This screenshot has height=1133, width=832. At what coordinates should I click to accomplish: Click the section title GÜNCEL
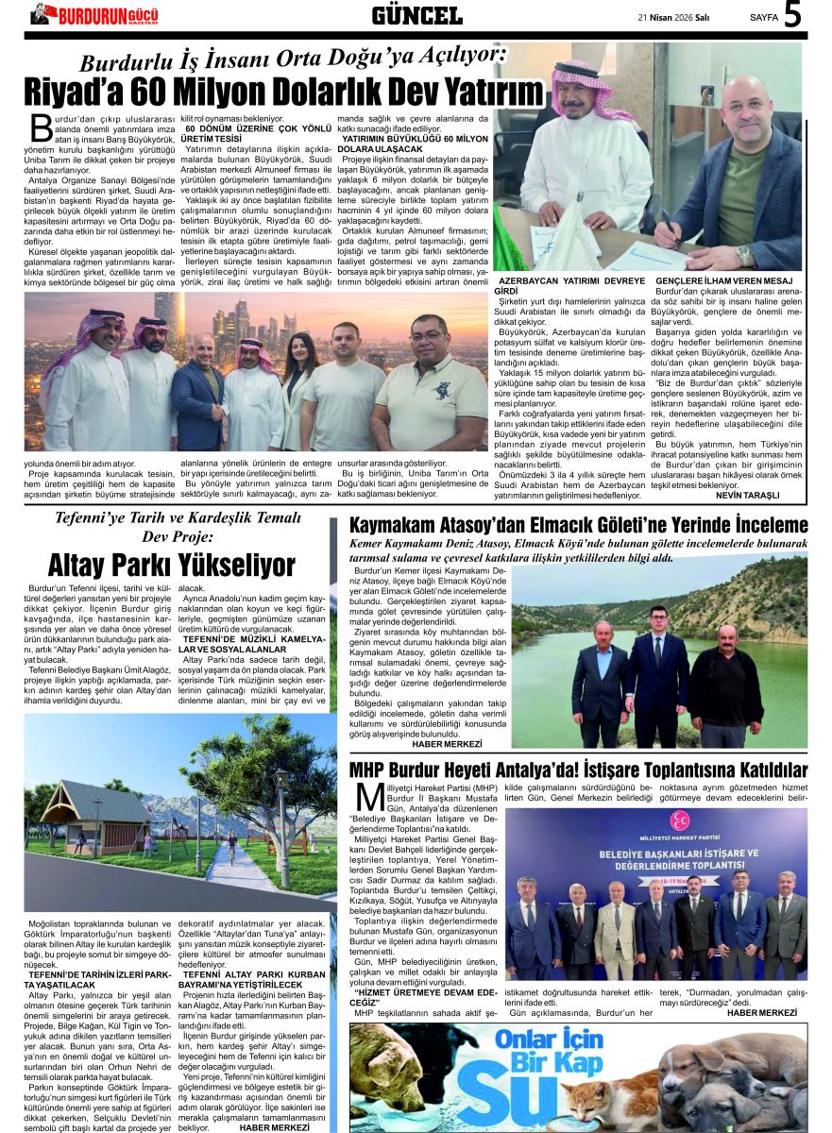pos(416,16)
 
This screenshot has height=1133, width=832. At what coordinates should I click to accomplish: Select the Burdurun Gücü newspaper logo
pos(93,14)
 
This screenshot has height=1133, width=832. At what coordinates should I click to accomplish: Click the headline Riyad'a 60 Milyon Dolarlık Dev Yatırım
pos(284,93)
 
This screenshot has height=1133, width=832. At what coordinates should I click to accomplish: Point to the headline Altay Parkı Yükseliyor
pos(172,565)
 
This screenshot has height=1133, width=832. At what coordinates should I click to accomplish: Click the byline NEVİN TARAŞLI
pos(748,495)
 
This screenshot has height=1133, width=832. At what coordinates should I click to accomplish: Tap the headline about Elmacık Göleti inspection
pos(578,526)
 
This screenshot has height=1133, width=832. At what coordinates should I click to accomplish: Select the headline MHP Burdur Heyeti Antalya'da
pos(578,769)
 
